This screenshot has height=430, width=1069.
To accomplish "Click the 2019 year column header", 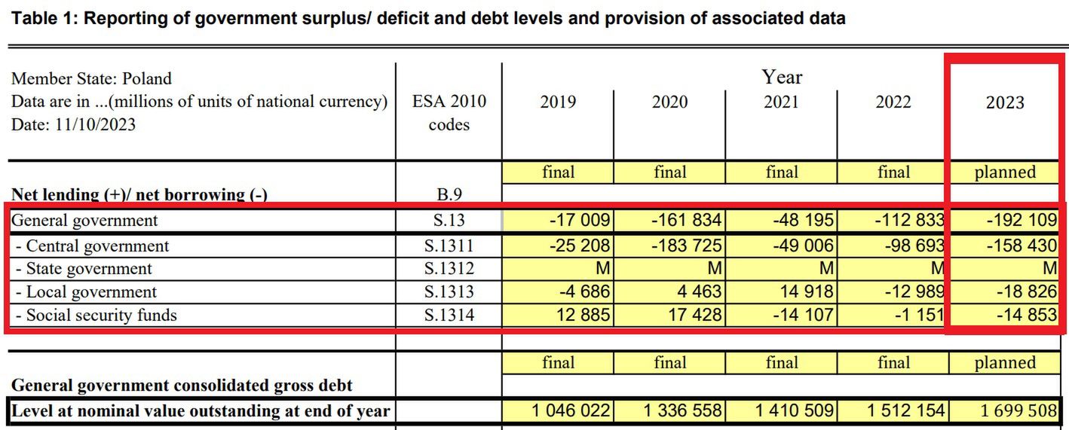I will [558, 102].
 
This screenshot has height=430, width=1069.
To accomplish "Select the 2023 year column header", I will [1005, 102].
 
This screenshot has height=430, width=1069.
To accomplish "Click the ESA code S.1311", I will [449, 246].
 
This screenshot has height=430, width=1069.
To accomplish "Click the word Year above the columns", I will [782, 77].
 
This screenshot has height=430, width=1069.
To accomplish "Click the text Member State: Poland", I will [91, 79].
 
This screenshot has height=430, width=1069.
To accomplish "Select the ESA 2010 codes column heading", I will [449, 112].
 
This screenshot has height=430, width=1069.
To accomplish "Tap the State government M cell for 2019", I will [603, 269].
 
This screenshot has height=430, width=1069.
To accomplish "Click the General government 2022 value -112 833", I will [902, 221].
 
